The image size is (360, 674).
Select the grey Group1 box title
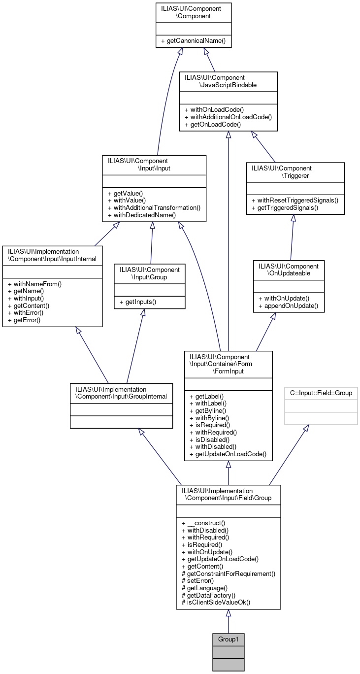pyautogui.click(x=228, y=639)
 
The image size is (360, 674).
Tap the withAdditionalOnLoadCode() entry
pyautogui.click(x=228, y=117)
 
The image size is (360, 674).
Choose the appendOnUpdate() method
pyautogui.click(x=288, y=306)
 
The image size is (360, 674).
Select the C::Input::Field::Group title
pyautogui.click(x=321, y=394)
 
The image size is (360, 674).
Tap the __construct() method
pyautogui.click(x=203, y=523)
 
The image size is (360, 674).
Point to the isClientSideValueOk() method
pyautogui.click(x=216, y=603)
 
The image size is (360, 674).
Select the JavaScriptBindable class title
pyautogui.click(x=228, y=81)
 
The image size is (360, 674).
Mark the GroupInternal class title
pyautogui.click(x=121, y=392)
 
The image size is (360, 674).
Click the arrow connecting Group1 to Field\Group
pyautogui.click(x=228, y=622)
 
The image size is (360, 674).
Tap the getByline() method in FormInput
pyautogui.click(x=207, y=410)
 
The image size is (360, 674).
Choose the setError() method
pyautogui.click(x=197, y=581)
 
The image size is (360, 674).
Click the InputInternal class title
pyautogui.click(x=52, y=255)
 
